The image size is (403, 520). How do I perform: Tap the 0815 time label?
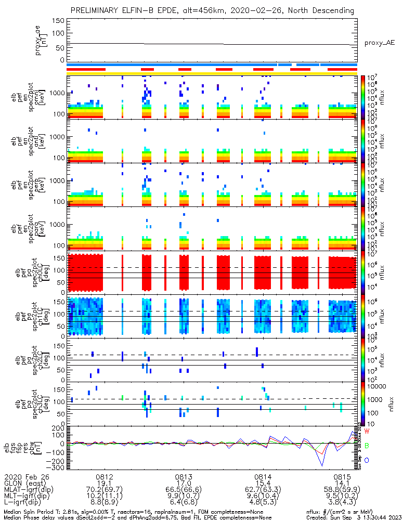342,476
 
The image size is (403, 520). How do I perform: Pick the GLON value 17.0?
184,484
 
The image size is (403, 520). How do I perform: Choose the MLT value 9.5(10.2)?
342,498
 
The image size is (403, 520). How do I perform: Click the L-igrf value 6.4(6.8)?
184,505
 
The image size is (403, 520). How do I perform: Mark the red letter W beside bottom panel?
367,432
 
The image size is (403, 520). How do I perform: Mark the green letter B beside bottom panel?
367,446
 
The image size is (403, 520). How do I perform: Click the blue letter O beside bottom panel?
367,460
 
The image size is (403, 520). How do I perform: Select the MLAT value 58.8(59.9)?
342,491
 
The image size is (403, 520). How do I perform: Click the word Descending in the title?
335,10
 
